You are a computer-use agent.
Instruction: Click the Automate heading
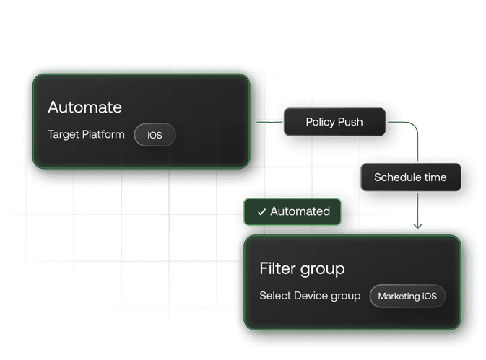click(84, 107)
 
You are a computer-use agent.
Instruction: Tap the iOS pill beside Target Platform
click(155, 135)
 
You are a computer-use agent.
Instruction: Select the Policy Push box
click(334, 122)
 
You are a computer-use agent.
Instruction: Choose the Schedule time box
click(410, 177)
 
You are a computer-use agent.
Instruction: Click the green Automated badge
click(292, 211)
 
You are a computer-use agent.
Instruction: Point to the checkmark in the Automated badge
click(262, 212)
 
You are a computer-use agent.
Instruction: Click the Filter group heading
click(302, 269)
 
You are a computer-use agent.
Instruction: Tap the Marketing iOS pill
click(407, 297)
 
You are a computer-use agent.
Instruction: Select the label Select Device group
click(310, 296)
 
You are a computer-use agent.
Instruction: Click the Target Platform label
click(86, 134)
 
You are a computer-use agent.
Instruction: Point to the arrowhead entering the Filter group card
click(418, 227)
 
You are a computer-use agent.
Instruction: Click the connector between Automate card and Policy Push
click(268, 122)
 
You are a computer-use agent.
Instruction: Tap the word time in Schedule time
click(435, 177)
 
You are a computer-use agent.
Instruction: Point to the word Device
click(311, 296)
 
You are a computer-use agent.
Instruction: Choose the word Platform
click(103, 134)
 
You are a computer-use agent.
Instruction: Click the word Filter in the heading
click(276, 269)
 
